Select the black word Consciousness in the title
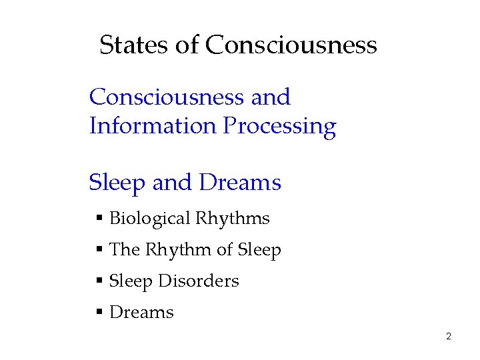pos(291,45)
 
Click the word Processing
pos(280,127)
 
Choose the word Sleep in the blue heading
pos(117,183)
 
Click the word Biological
pos(149,219)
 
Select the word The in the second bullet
pos(124,250)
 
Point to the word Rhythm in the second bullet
pos(178,250)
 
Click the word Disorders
pos(198,281)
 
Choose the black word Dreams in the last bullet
pos(141,312)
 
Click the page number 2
pos(449,337)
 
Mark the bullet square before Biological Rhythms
pos(99,219)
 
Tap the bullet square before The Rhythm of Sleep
pos(99,250)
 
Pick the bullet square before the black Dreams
pos(99,312)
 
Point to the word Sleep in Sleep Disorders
pos(131,281)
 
